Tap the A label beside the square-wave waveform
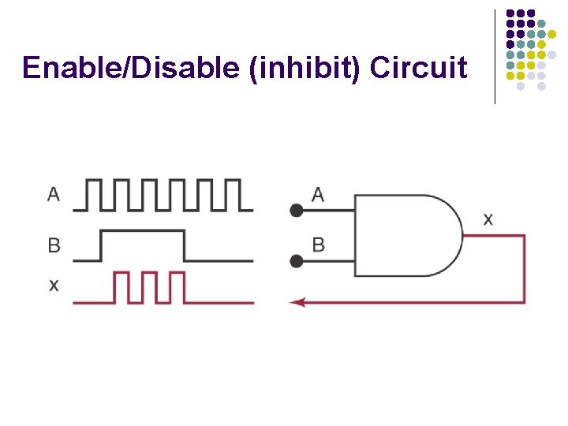click(x=54, y=193)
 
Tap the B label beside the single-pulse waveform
click(x=54, y=245)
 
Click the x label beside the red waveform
click(x=54, y=285)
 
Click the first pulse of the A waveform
click(x=93, y=194)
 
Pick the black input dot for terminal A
click(x=297, y=211)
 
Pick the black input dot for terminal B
click(x=297, y=261)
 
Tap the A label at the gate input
click(x=318, y=194)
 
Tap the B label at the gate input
click(x=318, y=245)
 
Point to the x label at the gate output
click(x=488, y=219)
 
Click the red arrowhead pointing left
click(x=297, y=302)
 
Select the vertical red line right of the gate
click(x=524, y=268)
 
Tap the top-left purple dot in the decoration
click(x=510, y=14)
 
